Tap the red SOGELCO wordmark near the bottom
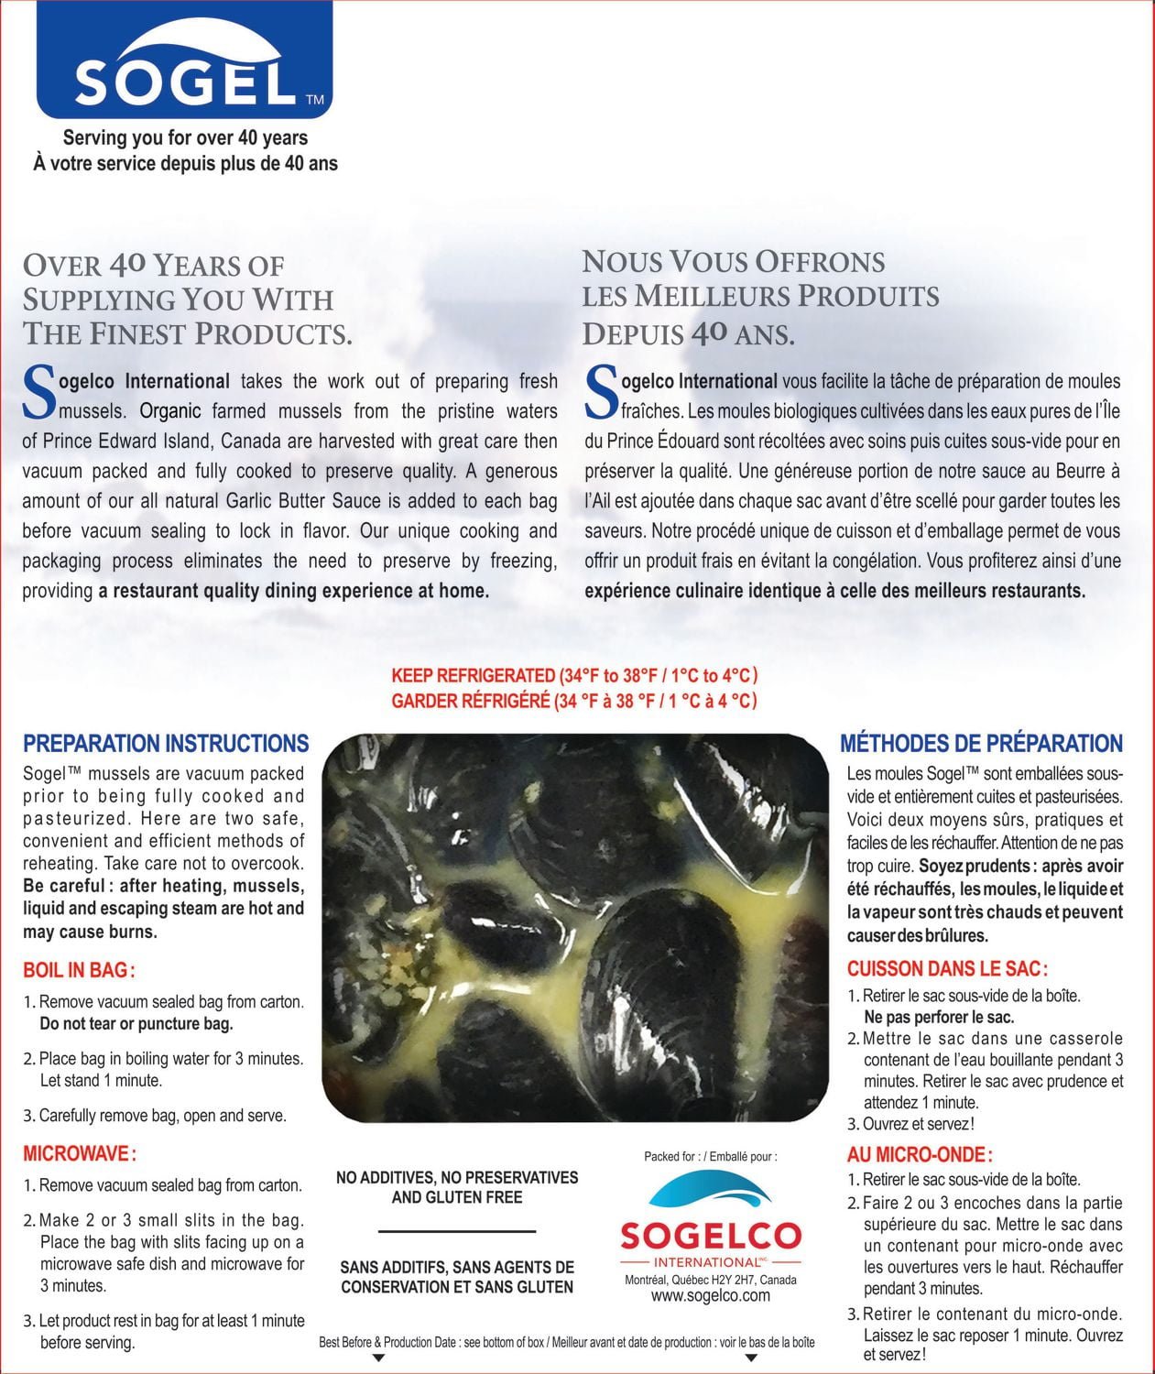(710, 1236)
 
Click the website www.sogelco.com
(710, 1295)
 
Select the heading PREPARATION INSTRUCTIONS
(166, 743)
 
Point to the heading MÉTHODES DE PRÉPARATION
(981, 743)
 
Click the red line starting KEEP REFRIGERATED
(574, 676)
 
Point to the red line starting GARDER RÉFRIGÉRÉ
(574, 701)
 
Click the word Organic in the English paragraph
(170, 411)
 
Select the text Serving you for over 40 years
(185, 138)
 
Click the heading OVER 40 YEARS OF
(154, 267)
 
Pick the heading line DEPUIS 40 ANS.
(688, 334)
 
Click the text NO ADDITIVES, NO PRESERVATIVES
(457, 1177)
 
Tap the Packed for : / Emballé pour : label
(710, 1156)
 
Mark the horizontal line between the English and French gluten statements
(456, 1231)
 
